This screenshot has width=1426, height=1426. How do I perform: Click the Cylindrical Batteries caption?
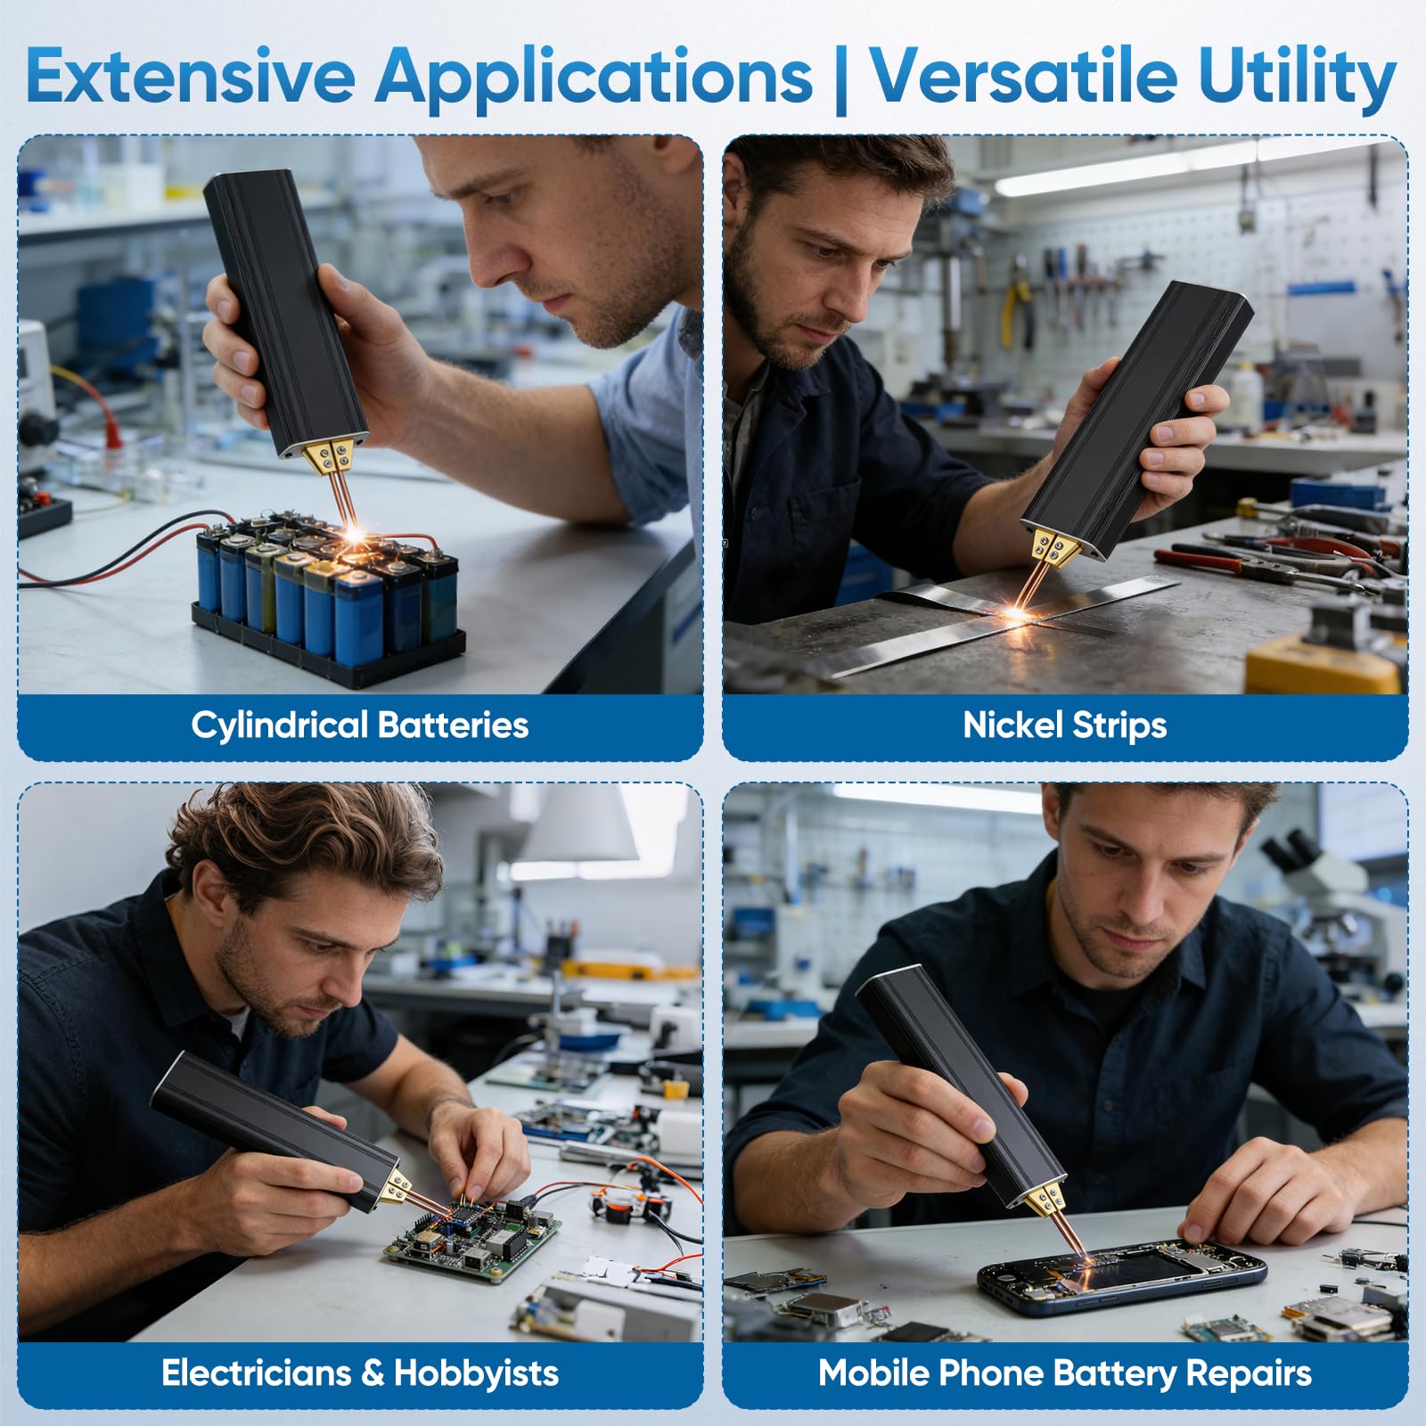[x=360, y=725]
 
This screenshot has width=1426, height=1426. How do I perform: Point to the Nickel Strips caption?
[x=1065, y=725]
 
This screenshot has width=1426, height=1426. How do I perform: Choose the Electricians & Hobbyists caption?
[x=360, y=1373]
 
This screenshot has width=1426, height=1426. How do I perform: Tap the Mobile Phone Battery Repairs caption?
[x=1065, y=1373]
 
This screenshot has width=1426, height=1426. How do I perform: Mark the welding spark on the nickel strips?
[x=1020, y=614]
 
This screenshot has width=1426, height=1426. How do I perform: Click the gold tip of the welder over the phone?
[x=1040, y=1200]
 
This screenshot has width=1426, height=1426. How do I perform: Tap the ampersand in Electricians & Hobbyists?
[x=373, y=1373]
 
